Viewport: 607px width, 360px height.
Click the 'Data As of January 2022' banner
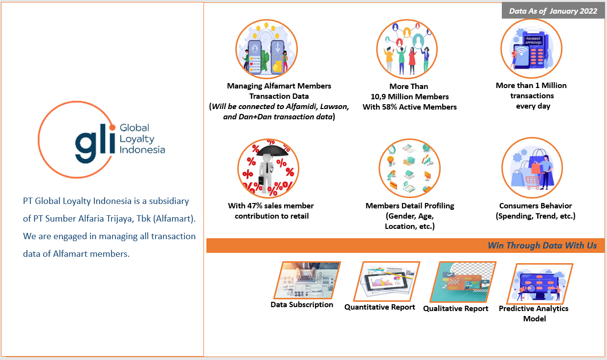tap(553, 11)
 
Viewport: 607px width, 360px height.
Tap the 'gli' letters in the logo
tap(95, 143)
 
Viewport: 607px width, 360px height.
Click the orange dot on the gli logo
tap(112, 127)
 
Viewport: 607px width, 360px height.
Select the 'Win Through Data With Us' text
tap(542, 246)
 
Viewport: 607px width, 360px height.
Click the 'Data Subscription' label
tap(302, 305)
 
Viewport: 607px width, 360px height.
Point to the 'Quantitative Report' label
tap(380, 307)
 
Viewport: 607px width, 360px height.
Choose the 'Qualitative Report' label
tap(455, 309)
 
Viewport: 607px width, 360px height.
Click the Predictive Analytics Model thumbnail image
tap(540, 284)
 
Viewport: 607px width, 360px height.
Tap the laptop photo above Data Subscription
tap(307, 280)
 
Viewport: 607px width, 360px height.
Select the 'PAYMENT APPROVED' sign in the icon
tap(533, 41)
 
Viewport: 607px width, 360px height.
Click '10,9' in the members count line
tap(378, 97)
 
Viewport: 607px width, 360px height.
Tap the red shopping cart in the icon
tap(533, 182)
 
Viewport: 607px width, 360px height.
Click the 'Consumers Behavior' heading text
tap(536, 206)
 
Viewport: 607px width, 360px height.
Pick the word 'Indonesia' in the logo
tap(142, 150)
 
